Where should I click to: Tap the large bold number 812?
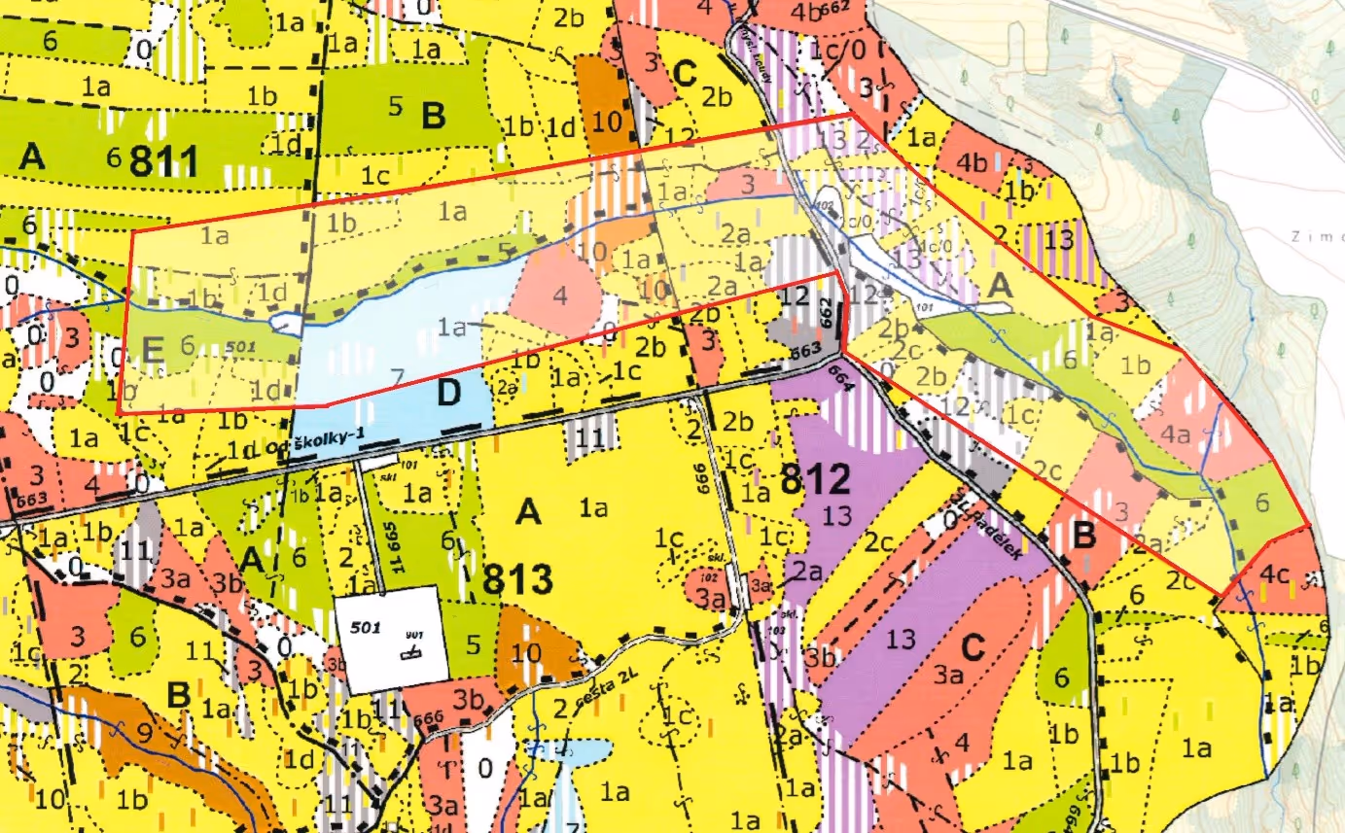(815, 479)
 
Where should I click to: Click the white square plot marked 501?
(391, 639)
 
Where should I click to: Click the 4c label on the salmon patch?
(1275, 573)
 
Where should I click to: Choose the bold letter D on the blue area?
(449, 395)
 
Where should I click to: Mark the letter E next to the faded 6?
(153, 349)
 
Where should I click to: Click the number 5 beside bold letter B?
(395, 107)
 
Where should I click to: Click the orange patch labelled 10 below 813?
(530, 648)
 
